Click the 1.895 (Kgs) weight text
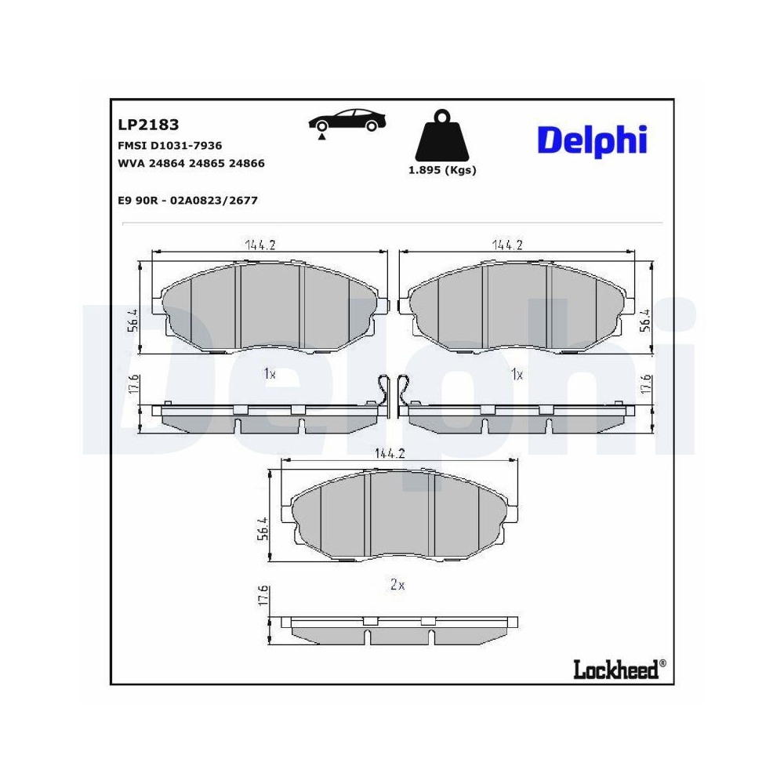(x=442, y=170)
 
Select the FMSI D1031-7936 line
(x=169, y=145)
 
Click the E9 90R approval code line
(x=187, y=201)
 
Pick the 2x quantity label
(x=397, y=584)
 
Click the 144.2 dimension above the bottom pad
(x=390, y=453)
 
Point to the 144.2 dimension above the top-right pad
(x=508, y=245)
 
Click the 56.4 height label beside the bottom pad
(x=264, y=529)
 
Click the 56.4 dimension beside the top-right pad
(x=645, y=321)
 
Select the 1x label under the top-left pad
(x=269, y=374)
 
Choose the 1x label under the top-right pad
(x=517, y=374)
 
